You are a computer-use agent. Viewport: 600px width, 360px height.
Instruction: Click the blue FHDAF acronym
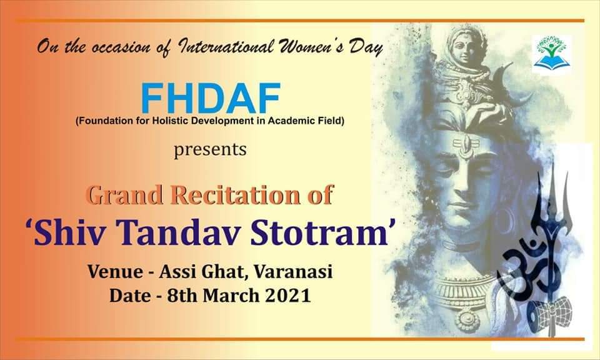[211, 98]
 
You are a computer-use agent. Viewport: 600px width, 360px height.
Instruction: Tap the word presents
[210, 149]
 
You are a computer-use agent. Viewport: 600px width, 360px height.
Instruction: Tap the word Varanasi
[293, 272]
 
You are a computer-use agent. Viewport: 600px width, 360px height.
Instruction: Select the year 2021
[287, 296]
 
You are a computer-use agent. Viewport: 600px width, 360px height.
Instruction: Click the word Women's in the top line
[311, 46]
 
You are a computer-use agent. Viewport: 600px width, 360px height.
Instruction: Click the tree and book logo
[552, 54]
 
